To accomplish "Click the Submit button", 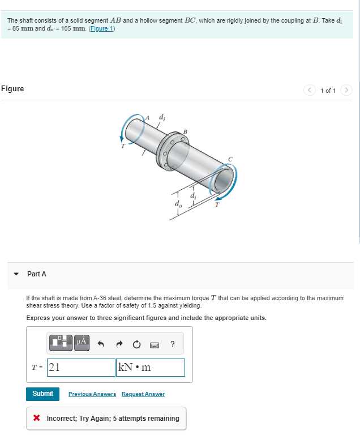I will coord(42,394).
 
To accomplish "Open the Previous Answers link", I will coord(92,394).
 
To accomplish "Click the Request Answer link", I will coord(143,394).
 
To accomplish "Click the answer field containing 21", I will coord(81,367).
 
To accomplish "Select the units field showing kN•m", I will coord(150,367).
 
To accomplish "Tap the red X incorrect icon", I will coord(37,419).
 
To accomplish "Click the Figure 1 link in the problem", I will coord(101,28).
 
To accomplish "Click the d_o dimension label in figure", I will coord(178,203).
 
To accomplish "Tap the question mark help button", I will coord(172,343).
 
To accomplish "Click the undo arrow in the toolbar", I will coord(102,343).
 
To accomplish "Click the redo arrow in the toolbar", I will coord(119,343).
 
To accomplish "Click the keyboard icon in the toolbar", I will coord(155,343).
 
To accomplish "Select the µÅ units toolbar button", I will coord(81,342).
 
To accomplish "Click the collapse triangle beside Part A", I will coord(16,274).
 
